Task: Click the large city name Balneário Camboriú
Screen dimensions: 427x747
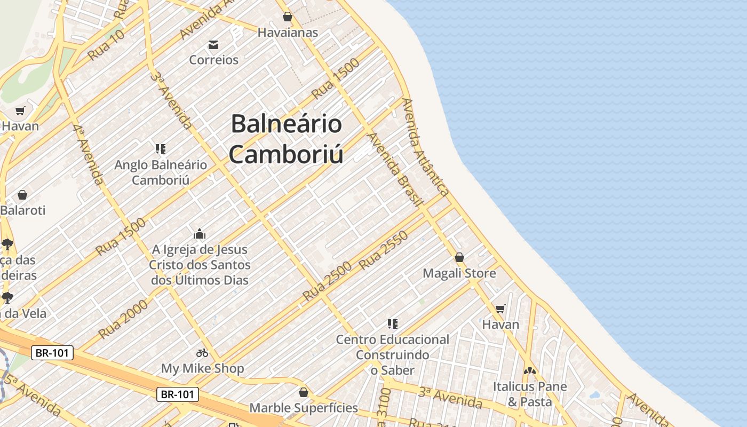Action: [287, 139]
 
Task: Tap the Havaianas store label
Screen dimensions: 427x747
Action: [288, 33]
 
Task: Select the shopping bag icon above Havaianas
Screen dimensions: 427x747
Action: [288, 17]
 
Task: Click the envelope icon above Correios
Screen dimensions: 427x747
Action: [213, 44]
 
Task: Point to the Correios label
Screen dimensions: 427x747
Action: [213, 59]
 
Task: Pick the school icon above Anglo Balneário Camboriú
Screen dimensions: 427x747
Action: [161, 148]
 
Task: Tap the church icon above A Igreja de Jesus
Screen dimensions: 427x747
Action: [200, 234]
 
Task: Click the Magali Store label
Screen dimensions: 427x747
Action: [459, 273]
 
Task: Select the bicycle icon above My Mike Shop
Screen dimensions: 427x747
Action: [202, 353]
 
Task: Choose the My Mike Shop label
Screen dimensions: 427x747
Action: [202, 368]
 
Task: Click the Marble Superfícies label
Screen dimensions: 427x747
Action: [304, 408]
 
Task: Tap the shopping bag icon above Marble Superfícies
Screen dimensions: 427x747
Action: [304, 393]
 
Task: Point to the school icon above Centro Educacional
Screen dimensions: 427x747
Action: [393, 323]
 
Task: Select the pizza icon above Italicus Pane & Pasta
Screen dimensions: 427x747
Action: [529, 370]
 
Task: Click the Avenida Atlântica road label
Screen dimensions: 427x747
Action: [425, 147]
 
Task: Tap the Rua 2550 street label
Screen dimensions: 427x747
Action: [383, 249]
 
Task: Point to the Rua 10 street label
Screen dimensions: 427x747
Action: [106, 45]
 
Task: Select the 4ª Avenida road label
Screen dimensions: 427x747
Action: [88, 154]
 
